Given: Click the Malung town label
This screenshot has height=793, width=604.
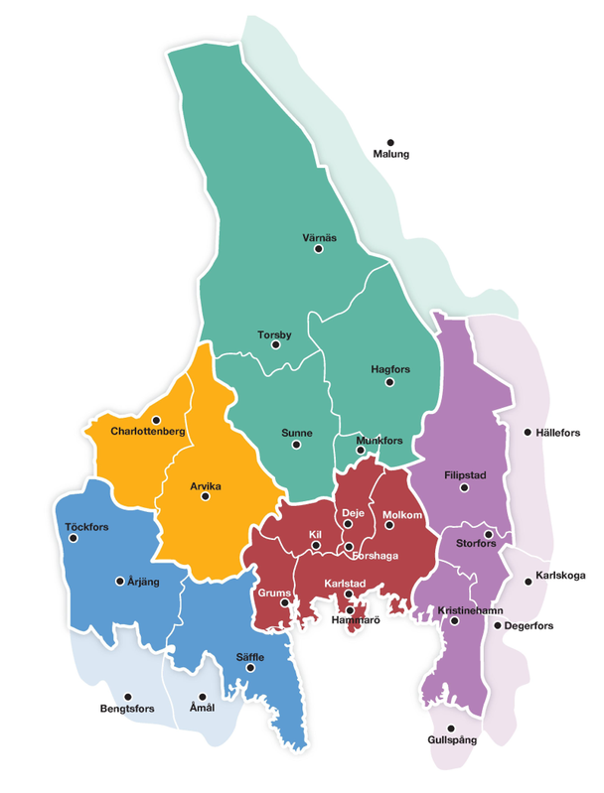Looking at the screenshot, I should [x=390, y=154].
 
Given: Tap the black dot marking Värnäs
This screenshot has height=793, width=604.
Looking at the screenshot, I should [x=319, y=249].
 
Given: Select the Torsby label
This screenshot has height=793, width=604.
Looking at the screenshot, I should [x=274, y=334].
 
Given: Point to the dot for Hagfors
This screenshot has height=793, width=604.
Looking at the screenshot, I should [x=389, y=382].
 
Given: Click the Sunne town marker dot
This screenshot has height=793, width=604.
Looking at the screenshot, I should [x=296, y=446].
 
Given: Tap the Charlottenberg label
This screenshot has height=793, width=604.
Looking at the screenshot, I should [x=148, y=432].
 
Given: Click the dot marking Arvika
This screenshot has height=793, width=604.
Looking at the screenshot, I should [x=205, y=497].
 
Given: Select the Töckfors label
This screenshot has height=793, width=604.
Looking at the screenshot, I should [x=86, y=526].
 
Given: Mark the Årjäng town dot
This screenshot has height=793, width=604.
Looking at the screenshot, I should [x=120, y=581].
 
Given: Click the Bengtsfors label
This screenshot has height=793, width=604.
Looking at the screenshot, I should [x=126, y=709].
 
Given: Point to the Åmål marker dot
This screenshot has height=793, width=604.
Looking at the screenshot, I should [x=202, y=697].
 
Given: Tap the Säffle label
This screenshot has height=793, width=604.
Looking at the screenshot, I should [x=249, y=656].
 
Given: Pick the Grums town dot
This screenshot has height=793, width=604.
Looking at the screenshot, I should [x=284, y=602].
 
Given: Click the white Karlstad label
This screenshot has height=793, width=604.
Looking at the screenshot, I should [x=347, y=582].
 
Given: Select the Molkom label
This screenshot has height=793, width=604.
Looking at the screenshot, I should [x=403, y=514].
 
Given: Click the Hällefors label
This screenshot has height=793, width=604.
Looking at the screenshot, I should [x=557, y=432].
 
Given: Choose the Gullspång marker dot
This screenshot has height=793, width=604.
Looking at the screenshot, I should [x=452, y=727].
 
